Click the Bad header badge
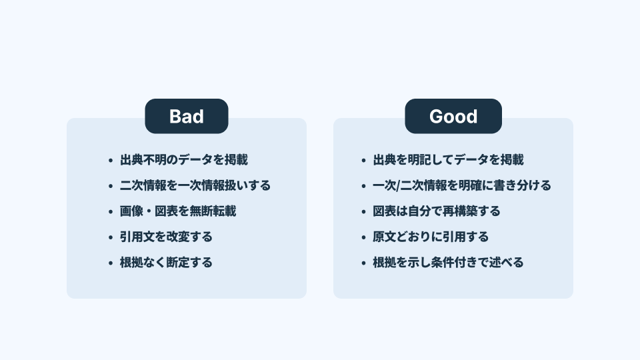[187, 116]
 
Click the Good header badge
[453, 116]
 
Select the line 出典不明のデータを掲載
[184, 159]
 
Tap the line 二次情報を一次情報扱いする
[195, 185]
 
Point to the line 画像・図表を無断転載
[178, 211]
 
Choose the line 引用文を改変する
[166, 237]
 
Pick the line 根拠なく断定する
[166, 263]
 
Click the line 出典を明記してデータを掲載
[448, 159]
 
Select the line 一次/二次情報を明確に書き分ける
[462, 185]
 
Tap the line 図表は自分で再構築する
[436, 211]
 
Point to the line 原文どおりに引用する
[431, 237]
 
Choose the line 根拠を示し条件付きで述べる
[448, 263]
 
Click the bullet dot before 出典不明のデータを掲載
[111, 161]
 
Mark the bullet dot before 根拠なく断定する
[111, 263]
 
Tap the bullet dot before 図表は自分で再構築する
[364, 212]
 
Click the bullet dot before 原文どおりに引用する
[364, 237]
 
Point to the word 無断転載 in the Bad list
[213, 211]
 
